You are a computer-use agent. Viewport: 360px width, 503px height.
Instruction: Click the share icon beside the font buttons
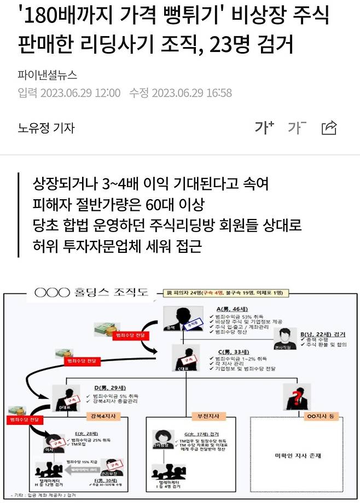click(x=329, y=128)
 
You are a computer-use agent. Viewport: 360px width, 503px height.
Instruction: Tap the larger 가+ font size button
click(x=264, y=128)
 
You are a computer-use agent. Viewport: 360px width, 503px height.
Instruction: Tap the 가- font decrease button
click(x=297, y=128)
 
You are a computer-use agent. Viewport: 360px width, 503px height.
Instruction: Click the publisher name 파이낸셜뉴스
click(x=47, y=75)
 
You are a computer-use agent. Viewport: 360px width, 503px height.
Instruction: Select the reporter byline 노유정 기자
click(x=46, y=128)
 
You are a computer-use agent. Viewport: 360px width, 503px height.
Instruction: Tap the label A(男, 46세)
click(x=227, y=309)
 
